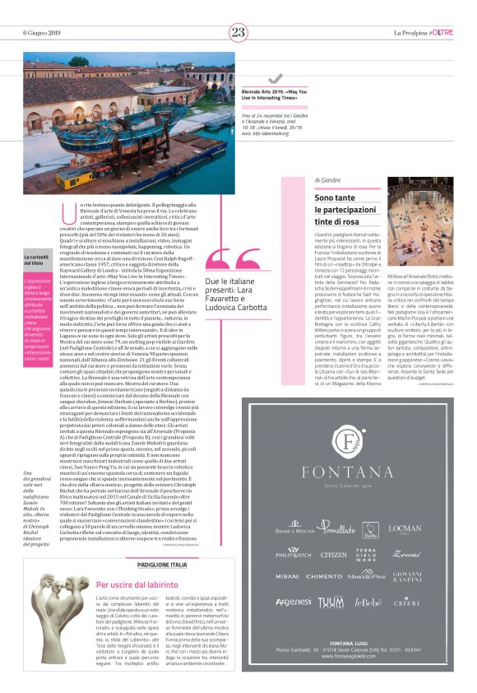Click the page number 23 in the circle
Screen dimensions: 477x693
pyautogui.click(x=238, y=32)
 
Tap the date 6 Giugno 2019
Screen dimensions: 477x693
pyautogui.click(x=40, y=33)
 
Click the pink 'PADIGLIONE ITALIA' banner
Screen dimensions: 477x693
pyautogui.click(x=161, y=565)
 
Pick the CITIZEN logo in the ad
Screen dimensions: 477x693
pyautogui.click(x=333, y=531)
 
